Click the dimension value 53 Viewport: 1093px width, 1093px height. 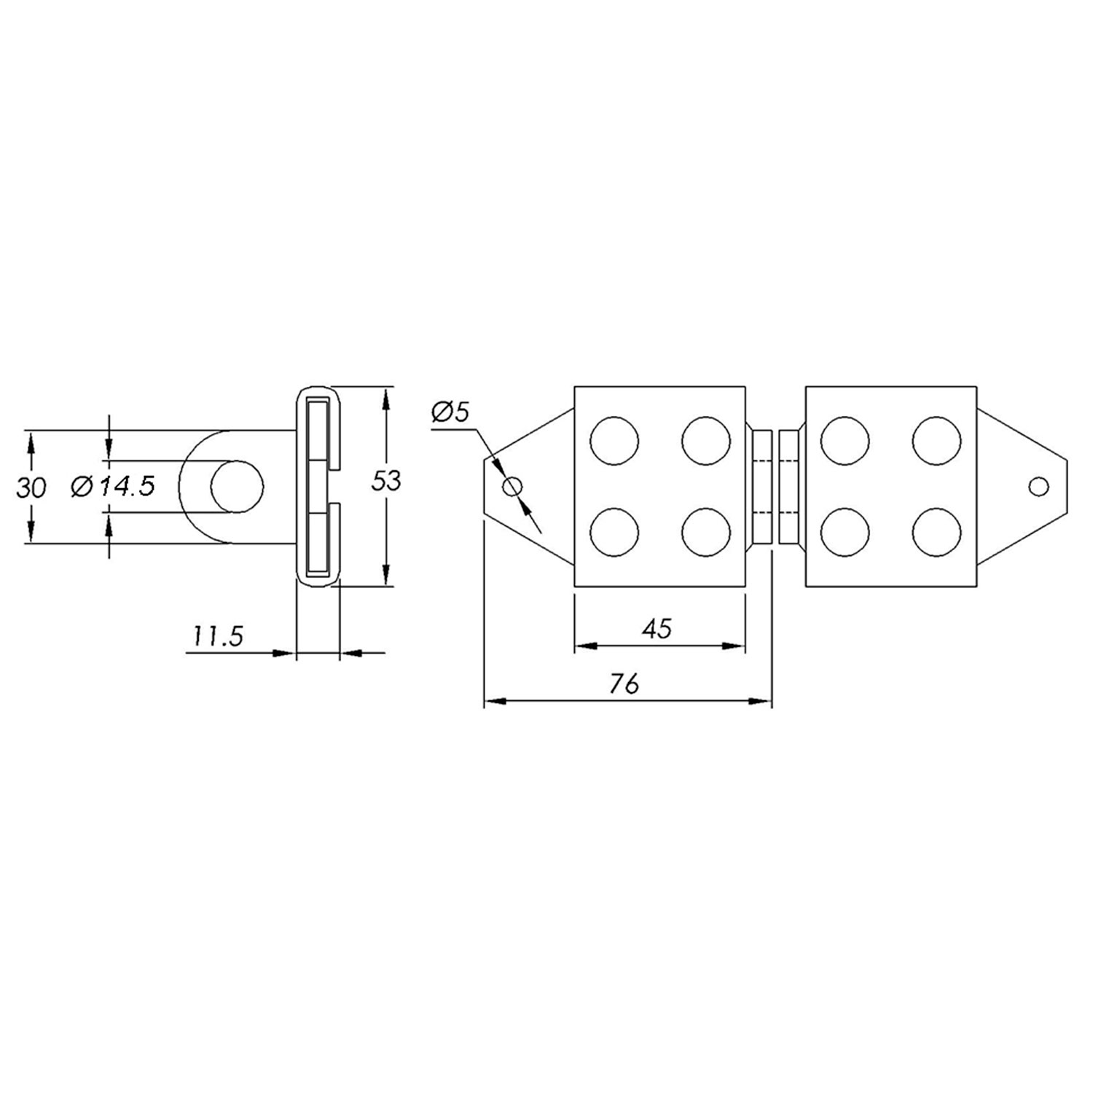pyautogui.click(x=386, y=482)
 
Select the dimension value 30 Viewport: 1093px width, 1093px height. pyautogui.click(x=31, y=487)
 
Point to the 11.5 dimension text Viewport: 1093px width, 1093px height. pyautogui.click(x=216, y=636)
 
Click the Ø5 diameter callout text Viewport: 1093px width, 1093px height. pyautogui.click(x=450, y=412)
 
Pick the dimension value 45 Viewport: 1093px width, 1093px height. pyautogui.click(x=657, y=628)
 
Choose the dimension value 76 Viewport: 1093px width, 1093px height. pyautogui.click(x=624, y=683)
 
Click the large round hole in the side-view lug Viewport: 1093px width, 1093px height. pyautogui.click(x=237, y=486)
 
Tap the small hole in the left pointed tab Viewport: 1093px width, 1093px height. pyautogui.click(x=513, y=486)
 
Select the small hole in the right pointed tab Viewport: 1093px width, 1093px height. pyautogui.click(x=1038, y=486)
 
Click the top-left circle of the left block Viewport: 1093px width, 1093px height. pyautogui.click(x=614, y=440)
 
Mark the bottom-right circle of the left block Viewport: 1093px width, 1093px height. pyautogui.click(x=706, y=532)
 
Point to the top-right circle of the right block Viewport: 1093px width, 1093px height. pyautogui.click(x=936, y=440)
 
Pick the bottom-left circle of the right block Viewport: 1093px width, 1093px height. pyautogui.click(x=845, y=532)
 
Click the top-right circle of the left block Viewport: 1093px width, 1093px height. pyautogui.click(x=706, y=440)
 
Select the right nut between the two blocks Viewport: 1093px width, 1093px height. pyautogui.click(x=789, y=486)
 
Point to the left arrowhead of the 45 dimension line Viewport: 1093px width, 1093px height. pyautogui.click(x=584, y=645)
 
